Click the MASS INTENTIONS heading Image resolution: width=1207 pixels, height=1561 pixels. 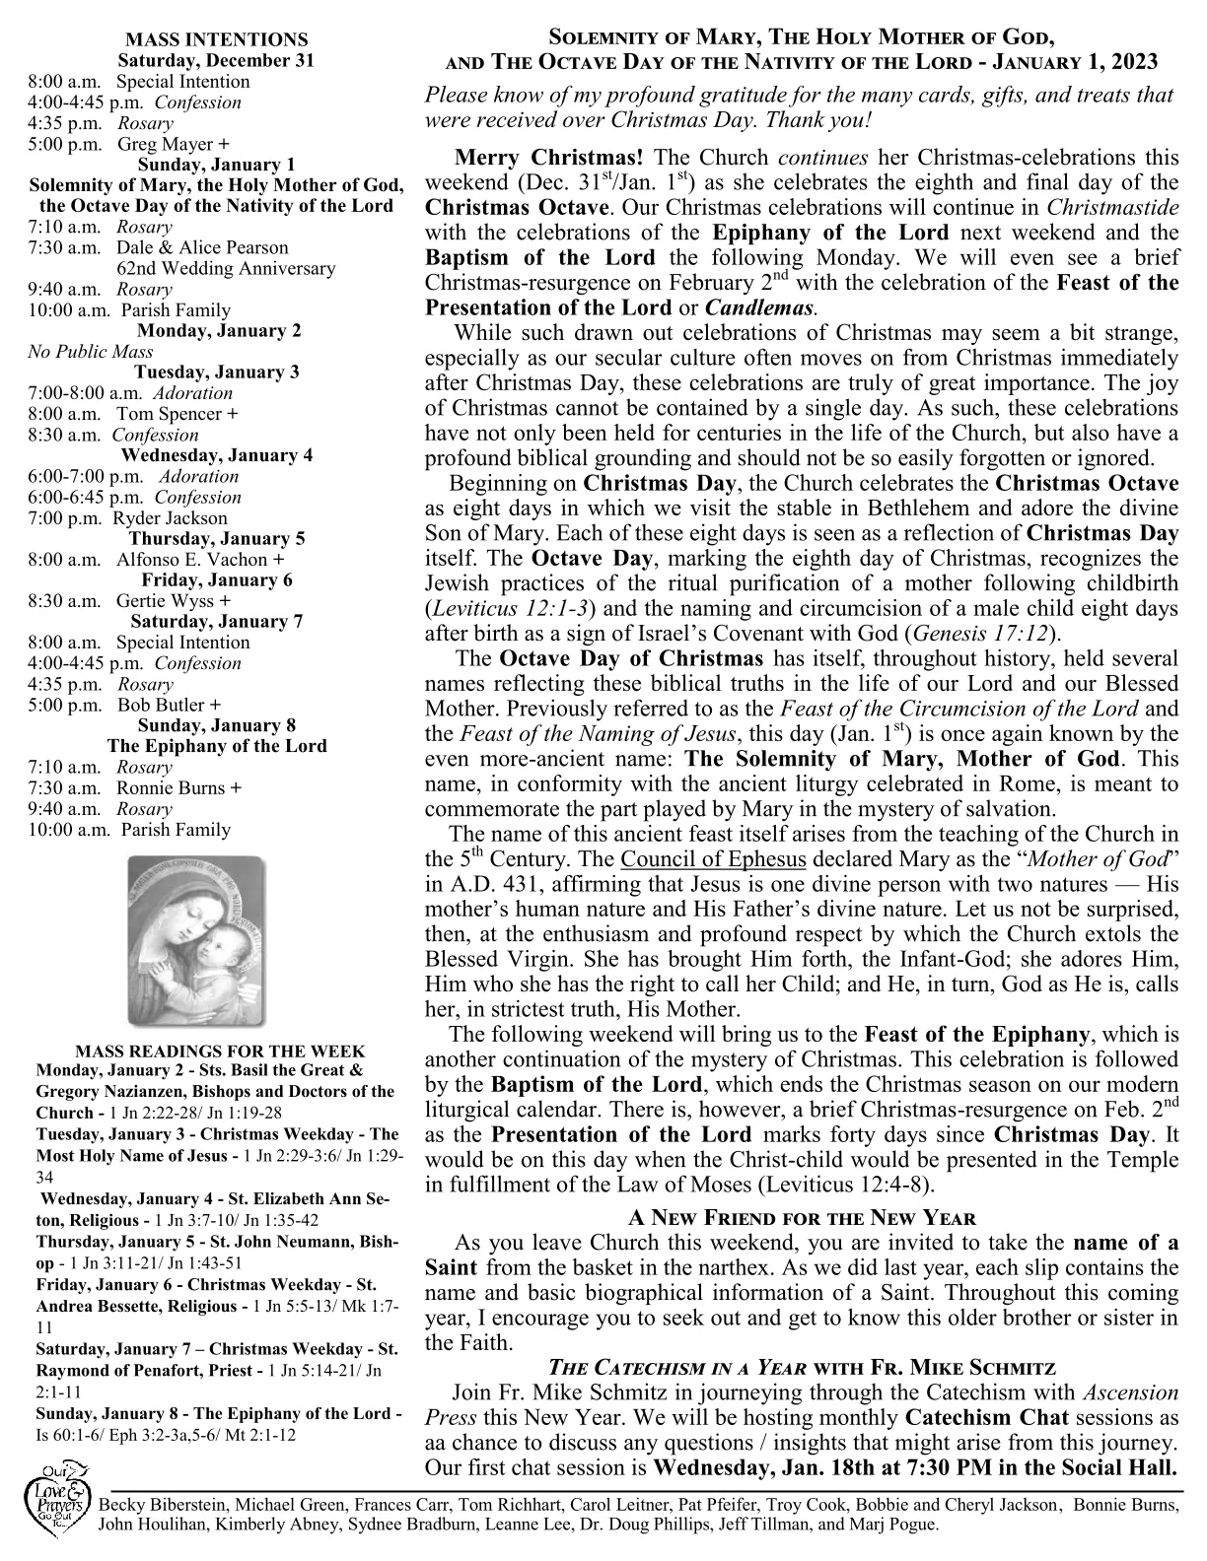217,40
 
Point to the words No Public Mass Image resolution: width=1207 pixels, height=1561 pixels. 91,352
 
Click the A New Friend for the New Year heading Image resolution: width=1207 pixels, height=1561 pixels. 802,1218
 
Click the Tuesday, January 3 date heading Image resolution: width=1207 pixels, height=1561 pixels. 217,373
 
